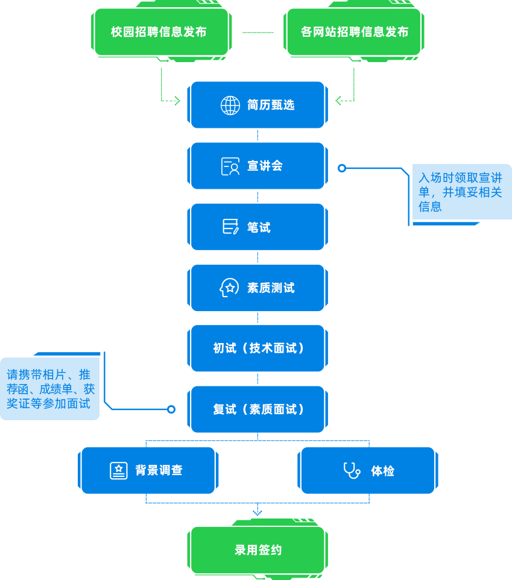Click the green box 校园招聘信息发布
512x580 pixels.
pyautogui.click(x=159, y=32)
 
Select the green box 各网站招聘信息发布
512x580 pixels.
pyautogui.click(x=354, y=32)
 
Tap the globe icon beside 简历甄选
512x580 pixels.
pyautogui.click(x=230, y=105)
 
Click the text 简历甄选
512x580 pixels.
pyautogui.click(x=271, y=105)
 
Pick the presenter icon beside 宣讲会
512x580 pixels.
pyautogui.click(x=230, y=166)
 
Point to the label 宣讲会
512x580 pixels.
pyautogui.click(x=265, y=166)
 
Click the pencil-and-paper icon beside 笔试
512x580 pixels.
pyautogui.click(x=230, y=227)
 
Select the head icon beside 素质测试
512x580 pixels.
pyautogui.click(x=229, y=288)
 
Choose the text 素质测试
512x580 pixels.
pyautogui.click(x=271, y=288)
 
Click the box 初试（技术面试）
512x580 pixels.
pyautogui.click(x=258, y=348)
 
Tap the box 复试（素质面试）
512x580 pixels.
pyautogui.click(x=258, y=409)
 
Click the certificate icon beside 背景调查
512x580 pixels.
pyautogui.click(x=118, y=470)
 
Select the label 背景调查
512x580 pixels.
pyautogui.click(x=159, y=470)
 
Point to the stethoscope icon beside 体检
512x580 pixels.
pyautogui.click(x=351, y=470)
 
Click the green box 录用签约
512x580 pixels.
pyautogui.click(x=258, y=550)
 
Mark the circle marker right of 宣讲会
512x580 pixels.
pyautogui.click(x=342, y=168)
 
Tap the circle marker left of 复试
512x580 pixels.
pyautogui.click(x=171, y=409)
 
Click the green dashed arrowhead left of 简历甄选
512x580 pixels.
pyautogui.click(x=177, y=100)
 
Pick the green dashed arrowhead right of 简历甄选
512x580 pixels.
pyautogui.click(x=338, y=100)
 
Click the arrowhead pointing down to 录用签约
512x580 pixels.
pyautogui.click(x=258, y=513)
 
